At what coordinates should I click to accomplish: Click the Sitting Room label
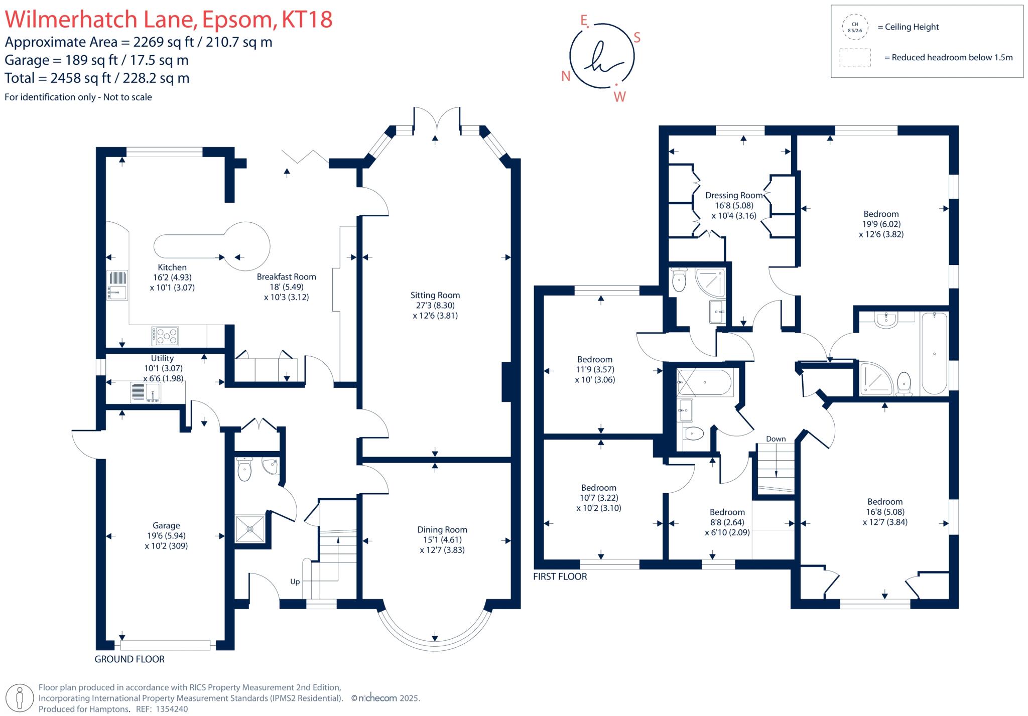[435, 295]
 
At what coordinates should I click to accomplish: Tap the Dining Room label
[442, 529]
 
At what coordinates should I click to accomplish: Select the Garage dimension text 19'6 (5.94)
[166, 535]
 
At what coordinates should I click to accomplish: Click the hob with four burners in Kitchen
[165, 336]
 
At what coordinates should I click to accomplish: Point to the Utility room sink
[145, 392]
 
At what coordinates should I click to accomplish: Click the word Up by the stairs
[295, 582]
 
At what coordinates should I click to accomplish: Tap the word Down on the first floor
[776, 439]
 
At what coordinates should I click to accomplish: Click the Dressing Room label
[733, 195]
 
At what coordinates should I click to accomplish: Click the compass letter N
[566, 76]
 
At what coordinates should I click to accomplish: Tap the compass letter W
[620, 97]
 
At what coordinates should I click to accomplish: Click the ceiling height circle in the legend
[854, 27]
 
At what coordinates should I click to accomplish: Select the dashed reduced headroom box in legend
[854, 58]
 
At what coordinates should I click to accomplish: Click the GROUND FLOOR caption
[130, 659]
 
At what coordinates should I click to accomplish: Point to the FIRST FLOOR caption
[560, 577]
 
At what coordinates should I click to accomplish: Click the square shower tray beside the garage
[250, 528]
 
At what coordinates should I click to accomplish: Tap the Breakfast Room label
[286, 276]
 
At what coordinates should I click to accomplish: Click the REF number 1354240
[172, 709]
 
